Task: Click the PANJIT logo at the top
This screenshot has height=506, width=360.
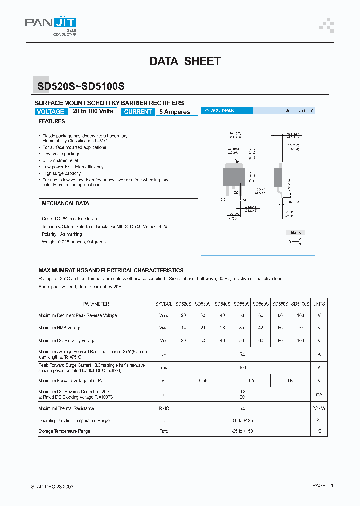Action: (x=50, y=23)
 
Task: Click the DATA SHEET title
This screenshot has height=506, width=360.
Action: (x=185, y=61)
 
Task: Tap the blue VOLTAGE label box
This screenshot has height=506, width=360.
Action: (x=51, y=112)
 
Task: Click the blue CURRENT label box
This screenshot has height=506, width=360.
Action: (x=138, y=112)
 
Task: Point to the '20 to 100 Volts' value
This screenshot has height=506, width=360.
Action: (x=93, y=111)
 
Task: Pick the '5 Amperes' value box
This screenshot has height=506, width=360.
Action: (x=175, y=112)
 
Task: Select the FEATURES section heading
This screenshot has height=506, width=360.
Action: (x=52, y=121)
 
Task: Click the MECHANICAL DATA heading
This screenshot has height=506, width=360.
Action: (x=65, y=204)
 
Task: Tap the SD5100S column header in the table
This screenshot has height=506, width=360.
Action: (x=300, y=304)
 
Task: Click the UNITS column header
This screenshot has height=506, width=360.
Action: (x=319, y=304)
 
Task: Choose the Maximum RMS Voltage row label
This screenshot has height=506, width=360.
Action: (x=60, y=328)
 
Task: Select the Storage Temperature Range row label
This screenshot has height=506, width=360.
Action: (x=64, y=431)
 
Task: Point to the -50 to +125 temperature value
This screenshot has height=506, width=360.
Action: (x=242, y=421)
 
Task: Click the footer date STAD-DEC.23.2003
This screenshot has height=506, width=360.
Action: (x=49, y=486)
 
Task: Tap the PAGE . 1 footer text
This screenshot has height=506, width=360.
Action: (x=323, y=486)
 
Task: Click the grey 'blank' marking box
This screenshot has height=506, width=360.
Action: (x=295, y=233)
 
